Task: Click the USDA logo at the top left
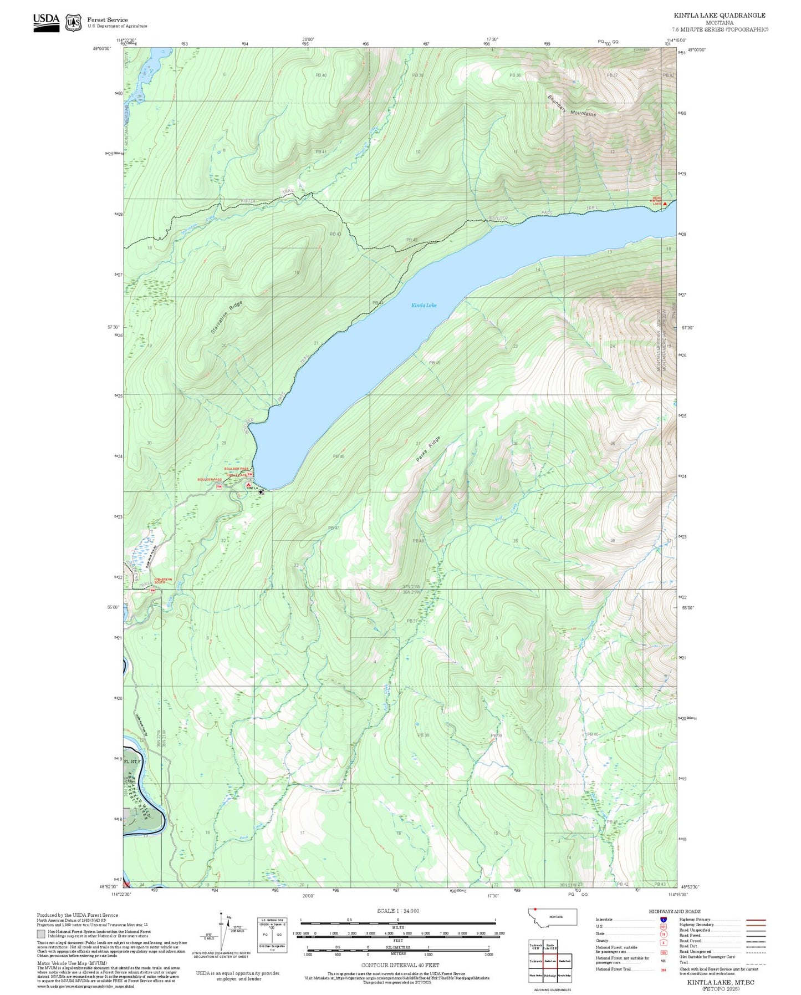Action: (x=46, y=21)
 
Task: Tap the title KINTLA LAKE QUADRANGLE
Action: (x=720, y=16)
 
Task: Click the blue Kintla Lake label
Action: (x=424, y=305)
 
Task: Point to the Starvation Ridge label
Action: (x=227, y=317)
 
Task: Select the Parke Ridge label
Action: (x=428, y=450)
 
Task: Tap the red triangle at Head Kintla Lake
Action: (x=665, y=204)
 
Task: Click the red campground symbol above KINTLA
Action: (x=248, y=485)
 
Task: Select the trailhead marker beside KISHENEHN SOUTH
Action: (x=152, y=590)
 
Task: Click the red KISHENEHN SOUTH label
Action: (x=160, y=581)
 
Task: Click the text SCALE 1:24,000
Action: (x=397, y=911)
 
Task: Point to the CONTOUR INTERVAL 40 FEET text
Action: (x=397, y=965)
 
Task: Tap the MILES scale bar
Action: (x=397, y=921)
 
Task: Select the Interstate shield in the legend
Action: (x=664, y=920)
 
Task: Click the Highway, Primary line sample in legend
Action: (x=756, y=920)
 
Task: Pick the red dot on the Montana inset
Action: (x=535, y=909)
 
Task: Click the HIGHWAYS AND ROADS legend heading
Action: (x=675, y=911)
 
